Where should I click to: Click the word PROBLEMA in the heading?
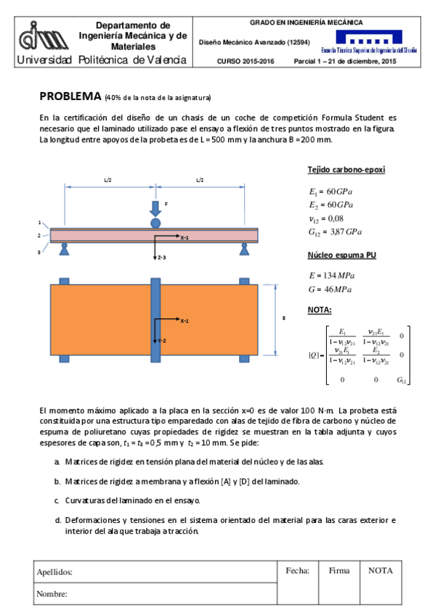coord(70,96)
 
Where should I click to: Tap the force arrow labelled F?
coord(155,209)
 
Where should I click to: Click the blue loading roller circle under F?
coord(155,223)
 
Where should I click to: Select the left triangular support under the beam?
coord(65,249)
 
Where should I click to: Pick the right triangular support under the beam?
coord(245,249)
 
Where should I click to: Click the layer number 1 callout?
coord(39,223)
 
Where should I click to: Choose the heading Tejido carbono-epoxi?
coord(346,170)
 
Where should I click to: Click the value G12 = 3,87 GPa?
coord(335,232)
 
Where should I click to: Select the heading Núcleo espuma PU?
coord(341,255)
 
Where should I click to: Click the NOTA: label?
coord(320,310)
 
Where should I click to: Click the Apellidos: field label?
coord(54,572)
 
